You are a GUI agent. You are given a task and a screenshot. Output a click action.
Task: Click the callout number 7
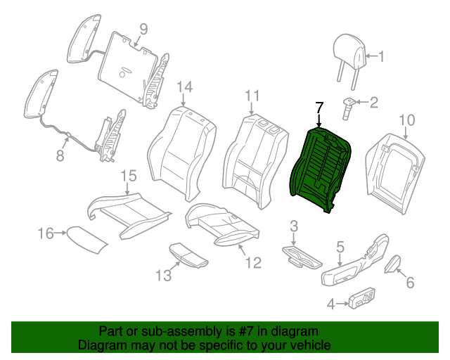pos(319,108)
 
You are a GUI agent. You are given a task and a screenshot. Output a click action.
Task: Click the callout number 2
pos(373,103)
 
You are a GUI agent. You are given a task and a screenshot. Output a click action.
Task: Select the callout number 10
pos(407,120)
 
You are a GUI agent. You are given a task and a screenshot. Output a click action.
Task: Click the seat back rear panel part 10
pos(394,169)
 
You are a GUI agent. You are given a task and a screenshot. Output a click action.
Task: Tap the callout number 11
pos(252,96)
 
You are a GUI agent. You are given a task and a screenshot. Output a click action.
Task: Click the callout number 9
pos(143,29)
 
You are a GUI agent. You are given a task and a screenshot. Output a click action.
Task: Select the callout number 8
pos(60,155)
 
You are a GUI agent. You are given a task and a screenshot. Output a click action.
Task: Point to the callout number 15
pos(128,176)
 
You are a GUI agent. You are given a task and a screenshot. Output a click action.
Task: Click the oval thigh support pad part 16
pos(87,238)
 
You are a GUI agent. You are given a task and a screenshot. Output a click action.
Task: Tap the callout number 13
pos(163,276)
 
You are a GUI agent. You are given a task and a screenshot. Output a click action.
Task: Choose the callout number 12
pos(252,263)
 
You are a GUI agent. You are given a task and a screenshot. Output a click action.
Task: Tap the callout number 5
pos(340,246)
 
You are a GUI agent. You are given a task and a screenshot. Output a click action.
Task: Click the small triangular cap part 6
pos(392,264)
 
